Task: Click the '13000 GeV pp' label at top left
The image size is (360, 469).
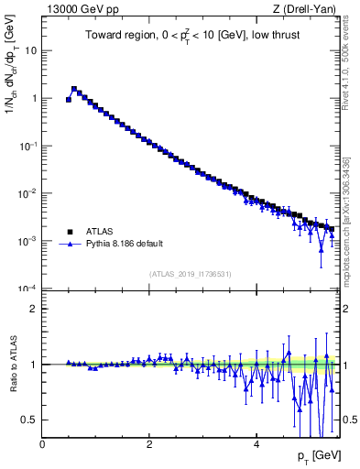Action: pyautogui.click(x=79, y=9)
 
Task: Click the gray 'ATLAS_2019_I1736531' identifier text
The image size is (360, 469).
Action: pyautogui.click(x=191, y=274)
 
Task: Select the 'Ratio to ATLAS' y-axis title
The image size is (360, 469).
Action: pyautogui.click(x=13, y=364)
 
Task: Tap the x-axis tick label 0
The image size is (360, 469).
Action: pyautogui.click(x=42, y=445)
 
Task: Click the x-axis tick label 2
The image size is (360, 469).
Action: pyautogui.click(x=149, y=445)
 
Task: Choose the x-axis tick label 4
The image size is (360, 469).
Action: pyautogui.click(x=256, y=445)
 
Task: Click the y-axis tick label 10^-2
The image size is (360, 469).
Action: pyautogui.click(x=27, y=193)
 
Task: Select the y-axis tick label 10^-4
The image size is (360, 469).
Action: pyautogui.click(x=27, y=289)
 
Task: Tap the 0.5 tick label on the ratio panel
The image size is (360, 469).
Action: pyautogui.click(x=29, y=420)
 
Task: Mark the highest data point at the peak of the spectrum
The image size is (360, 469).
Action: pyautogui.click(x=74, y=89)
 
